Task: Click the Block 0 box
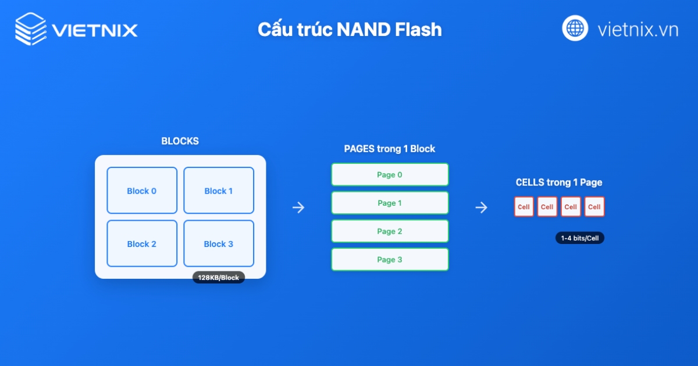[x=142, y=191]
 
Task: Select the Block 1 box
[x=219, y=191]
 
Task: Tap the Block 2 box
[x=142, y=243]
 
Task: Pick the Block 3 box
[x=219, y=243]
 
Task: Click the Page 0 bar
[x=390, y=174]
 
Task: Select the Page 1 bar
[x=390, y=203]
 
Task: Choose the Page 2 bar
[x=390, y=231]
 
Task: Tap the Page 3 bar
[x=390, y=259]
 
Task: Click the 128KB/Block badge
[x=219, y=278]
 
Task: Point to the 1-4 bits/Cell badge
[x=579, y=238]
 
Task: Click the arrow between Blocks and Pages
[x=298, y=207]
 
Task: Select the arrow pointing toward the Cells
[x=481, y=207]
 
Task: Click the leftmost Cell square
[x=523, y=207]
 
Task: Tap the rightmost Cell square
[x=594, y=207]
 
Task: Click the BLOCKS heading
[x=180, y=141]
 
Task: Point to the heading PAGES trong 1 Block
[x=390, y=149]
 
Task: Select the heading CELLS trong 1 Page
[x=558, y=182]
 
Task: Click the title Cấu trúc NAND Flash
[x=350, y=30]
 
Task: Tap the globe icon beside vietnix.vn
[x=575, y=28]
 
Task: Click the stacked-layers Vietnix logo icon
[x=31, y=28]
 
